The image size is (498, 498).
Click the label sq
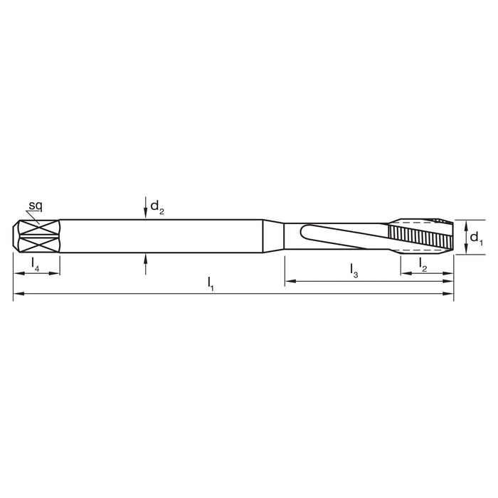point(34,206)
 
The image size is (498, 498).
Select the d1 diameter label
point(477,240)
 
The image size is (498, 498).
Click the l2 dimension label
point(423,264)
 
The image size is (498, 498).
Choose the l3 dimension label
point(354,270)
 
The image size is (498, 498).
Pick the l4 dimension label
point(36,264)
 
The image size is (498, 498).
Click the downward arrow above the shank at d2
point(145,212)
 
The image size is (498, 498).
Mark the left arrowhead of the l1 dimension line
point(17,293)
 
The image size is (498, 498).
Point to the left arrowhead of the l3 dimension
point(289,282)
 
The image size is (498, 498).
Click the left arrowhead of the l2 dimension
point(404,273)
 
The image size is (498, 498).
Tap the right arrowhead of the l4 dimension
point(55,273)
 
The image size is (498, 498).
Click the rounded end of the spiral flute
point(305,233)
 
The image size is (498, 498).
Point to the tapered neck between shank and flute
point(274,234)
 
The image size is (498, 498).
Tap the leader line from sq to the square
point(32,217)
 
